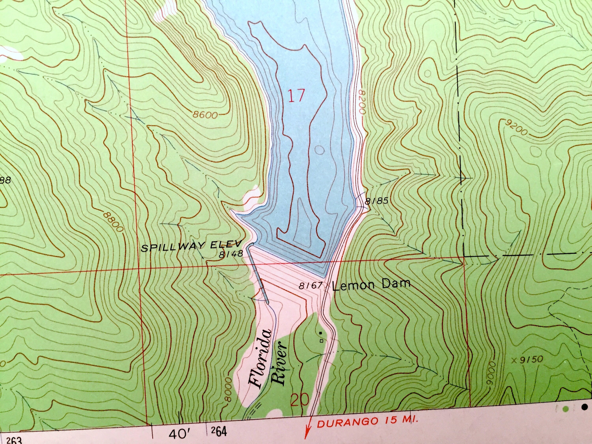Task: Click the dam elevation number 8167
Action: click(x=310, y=286)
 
